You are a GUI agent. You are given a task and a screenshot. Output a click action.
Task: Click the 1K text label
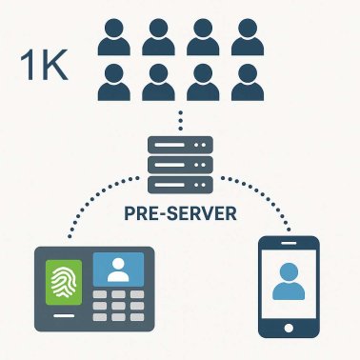click(x=43, y=70)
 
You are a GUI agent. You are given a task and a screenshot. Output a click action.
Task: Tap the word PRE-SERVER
click(x=180, y=212)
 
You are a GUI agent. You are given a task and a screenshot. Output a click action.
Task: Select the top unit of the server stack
click(x=180, y=145)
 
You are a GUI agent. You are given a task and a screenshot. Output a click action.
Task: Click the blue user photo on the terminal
click(x=119, y=270)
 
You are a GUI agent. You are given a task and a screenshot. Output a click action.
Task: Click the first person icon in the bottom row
click(x=115, y=84)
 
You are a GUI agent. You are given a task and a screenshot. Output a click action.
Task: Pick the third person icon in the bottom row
click(x=202, y=84)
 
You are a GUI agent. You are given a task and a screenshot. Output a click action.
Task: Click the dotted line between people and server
click(x=180, y=121)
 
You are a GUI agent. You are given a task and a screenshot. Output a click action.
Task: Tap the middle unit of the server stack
click(x=180, y=166)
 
